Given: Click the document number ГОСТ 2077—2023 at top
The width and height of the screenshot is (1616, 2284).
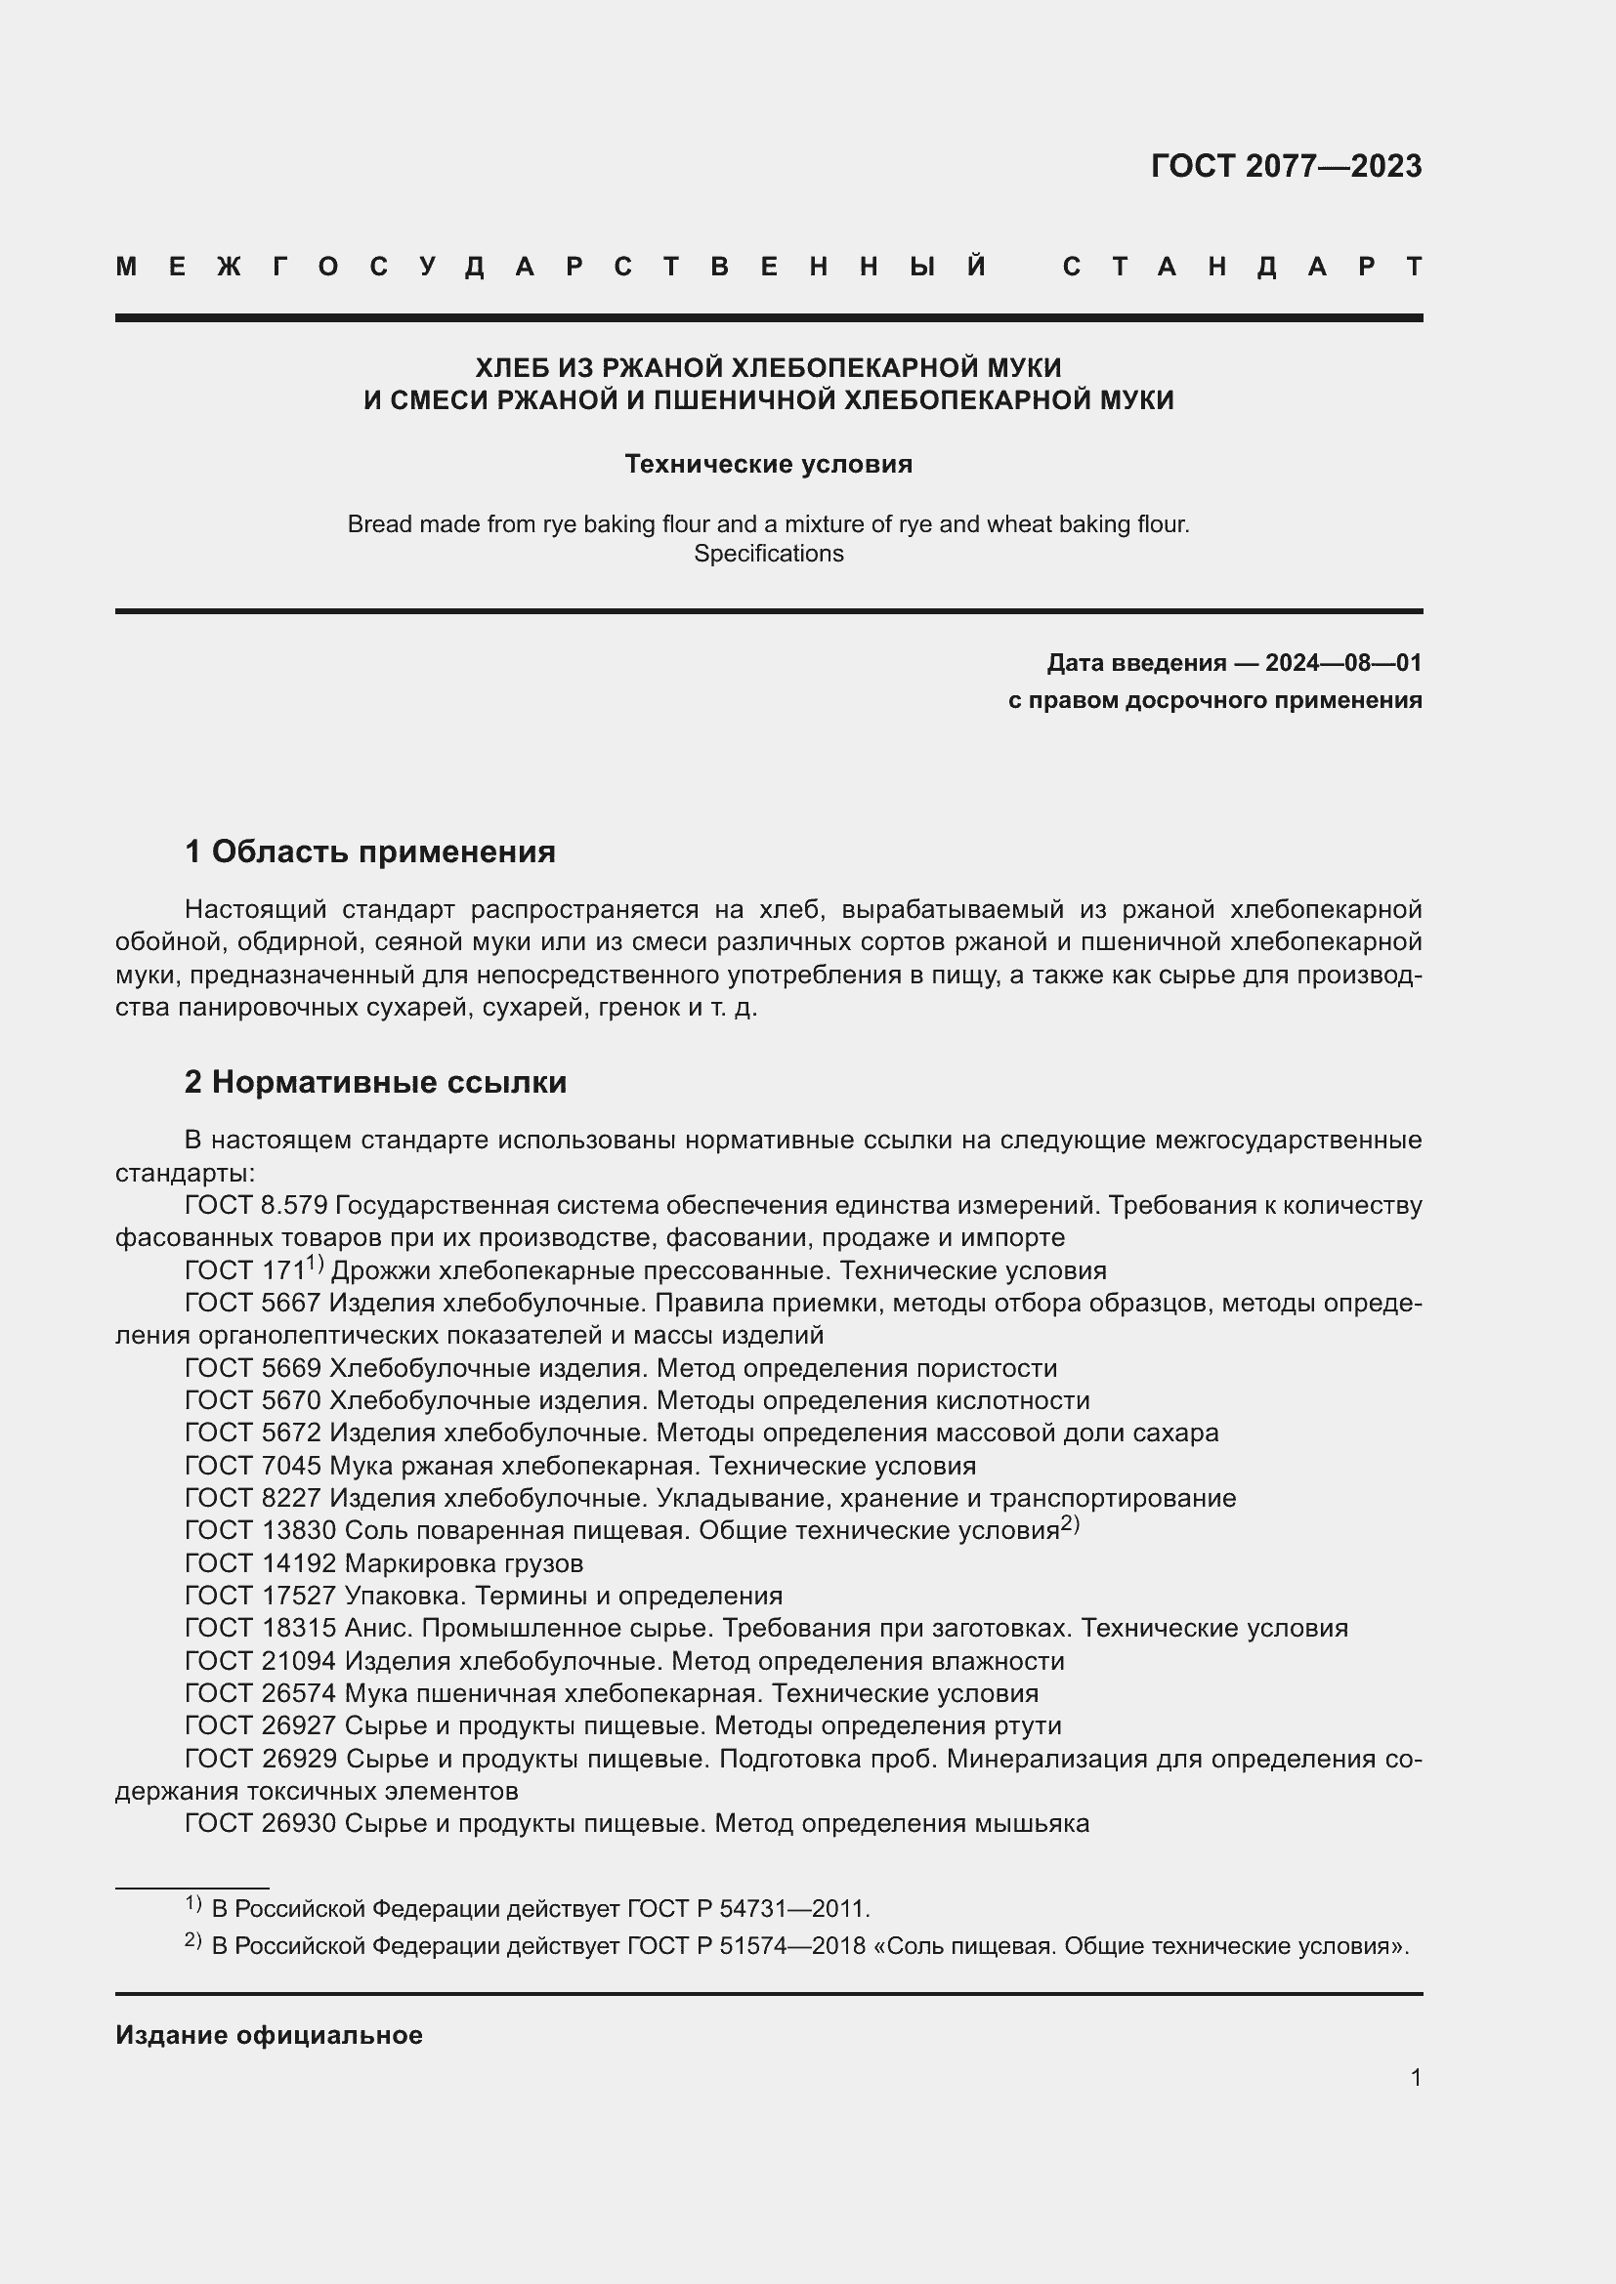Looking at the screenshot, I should click(1286, 166).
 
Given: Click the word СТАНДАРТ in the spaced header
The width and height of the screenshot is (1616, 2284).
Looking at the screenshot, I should click(1242, 267).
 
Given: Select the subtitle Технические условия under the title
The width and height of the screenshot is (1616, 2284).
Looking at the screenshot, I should click(768, 465).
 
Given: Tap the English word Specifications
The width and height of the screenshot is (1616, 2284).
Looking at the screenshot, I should click(768, 554).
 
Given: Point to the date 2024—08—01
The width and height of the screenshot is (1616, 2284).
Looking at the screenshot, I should click(1342, 663).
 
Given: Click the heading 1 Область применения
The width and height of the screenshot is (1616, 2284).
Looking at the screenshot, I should click(370, 852).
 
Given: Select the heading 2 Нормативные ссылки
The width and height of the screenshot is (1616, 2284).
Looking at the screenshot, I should click(376, 1082).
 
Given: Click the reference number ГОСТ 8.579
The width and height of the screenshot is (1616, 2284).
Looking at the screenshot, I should click(256, 1206).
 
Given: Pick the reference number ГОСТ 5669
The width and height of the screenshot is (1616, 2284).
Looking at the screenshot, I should click(253, 1369).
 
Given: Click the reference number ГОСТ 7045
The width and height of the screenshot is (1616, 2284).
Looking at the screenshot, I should click(253, 1467).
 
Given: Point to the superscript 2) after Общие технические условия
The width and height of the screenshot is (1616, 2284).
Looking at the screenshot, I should click(1070, 1524).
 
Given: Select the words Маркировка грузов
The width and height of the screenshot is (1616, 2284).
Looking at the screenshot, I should click(464, 1563).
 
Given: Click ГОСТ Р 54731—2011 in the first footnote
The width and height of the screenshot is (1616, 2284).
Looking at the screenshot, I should click(747, 1909).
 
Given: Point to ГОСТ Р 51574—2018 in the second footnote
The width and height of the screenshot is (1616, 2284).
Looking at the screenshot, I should click(746, 1946).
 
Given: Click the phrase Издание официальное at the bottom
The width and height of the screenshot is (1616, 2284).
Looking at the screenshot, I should click(269, 2035).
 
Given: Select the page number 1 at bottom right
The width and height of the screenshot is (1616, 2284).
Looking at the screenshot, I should click(1415, 2077).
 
